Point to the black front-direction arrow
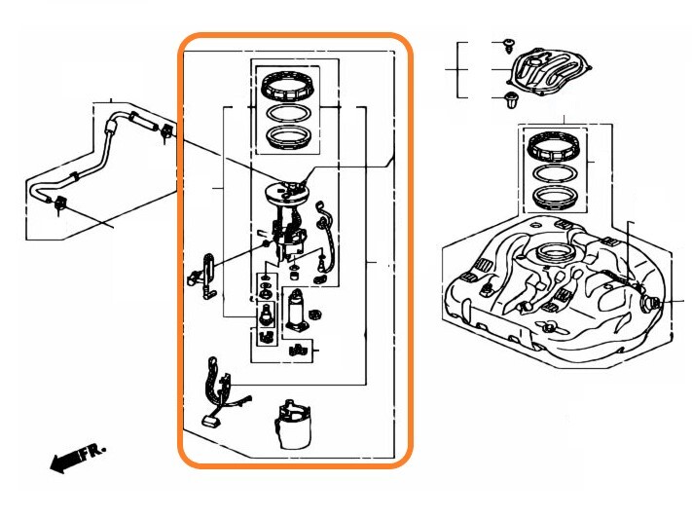(x=65, y=462)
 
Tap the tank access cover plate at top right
(x=550, y=71)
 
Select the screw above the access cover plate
(x=509, y=45)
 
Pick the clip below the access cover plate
(x=512, y=101)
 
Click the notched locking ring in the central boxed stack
(x=288, y=86)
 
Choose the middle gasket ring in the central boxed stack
(x=288, y=113)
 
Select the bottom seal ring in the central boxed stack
(x=288, y=137)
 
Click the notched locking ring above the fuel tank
(x=554, y=147)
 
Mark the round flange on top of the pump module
(x=286, y=193)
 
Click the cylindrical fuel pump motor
(x=296, y=310)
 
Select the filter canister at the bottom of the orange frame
(x=293, y=424)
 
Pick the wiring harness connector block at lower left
(x=211, y=421)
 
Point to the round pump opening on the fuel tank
(x=555, y=253)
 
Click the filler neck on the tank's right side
(x=650, y=303)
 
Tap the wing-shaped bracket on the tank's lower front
(x=550, y=326)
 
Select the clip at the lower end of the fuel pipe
(x=60, y=204)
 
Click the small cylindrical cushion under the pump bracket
(x=293, y=276)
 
